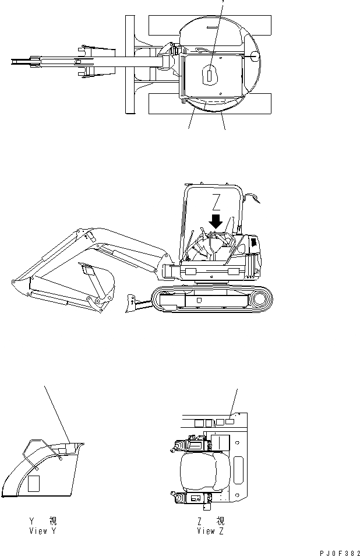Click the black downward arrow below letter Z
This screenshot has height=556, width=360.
216,221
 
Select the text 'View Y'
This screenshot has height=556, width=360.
43,531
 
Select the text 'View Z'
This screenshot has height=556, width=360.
210,531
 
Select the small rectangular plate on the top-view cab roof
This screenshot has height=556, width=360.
210,74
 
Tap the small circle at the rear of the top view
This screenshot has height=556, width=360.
253,55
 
